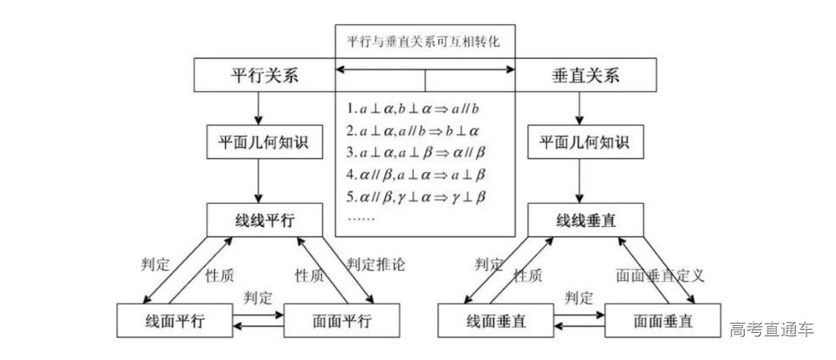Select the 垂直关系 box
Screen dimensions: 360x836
pos(584,77)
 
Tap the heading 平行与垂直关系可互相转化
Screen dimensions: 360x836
pos(424,42)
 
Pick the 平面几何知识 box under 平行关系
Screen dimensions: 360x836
pos(264,142)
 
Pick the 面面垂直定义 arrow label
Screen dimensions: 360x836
pos(660,275)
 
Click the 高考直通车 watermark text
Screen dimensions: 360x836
pos(771,330)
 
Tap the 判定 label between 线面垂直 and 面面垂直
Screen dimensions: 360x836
pos(579,297)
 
